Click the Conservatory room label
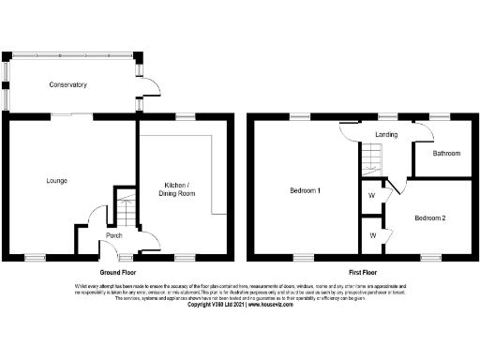[67, 85]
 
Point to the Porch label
[114, 235]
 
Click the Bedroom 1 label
[306, 191]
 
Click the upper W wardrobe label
[373, 197]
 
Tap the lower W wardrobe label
[373, 234]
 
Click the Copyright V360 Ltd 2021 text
[217, 305]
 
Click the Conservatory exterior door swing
[150, 86]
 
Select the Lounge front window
[35, 256]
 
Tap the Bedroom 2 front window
[431, 256]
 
